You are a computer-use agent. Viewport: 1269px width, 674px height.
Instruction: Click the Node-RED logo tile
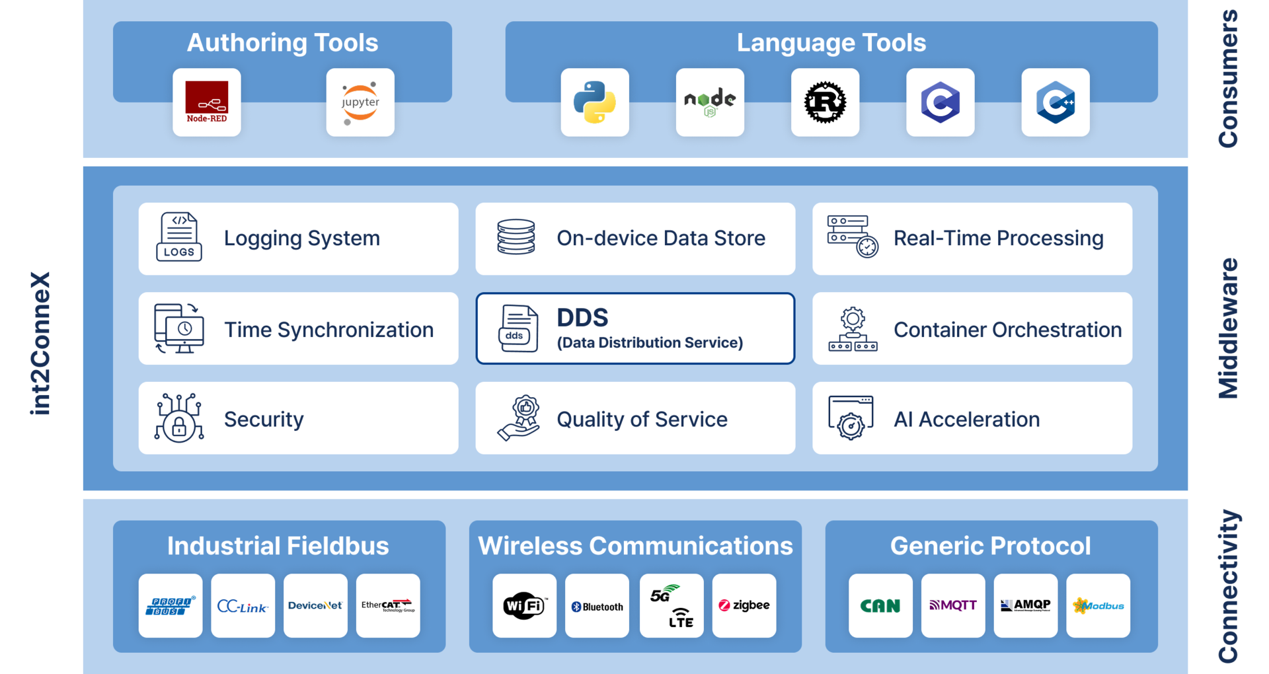(207, 102)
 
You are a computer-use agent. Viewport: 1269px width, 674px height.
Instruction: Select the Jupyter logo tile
(360, 102)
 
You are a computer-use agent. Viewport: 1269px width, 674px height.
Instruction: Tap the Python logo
(595, 102)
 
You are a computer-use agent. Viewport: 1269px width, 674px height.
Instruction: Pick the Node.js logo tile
(710, 102)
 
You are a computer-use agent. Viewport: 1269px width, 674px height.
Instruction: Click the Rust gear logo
(825, 102)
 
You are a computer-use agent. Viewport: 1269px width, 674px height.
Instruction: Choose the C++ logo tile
(1056, 102)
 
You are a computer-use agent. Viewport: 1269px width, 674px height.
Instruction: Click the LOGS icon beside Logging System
(179, 237)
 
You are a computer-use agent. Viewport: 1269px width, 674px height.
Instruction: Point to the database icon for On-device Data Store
(516, 237)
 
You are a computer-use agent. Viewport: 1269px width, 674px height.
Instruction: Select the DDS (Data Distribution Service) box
(635, 328)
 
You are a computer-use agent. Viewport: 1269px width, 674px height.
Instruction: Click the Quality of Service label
(642, 420)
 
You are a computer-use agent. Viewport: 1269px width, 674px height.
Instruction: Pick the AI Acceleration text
(966, 420)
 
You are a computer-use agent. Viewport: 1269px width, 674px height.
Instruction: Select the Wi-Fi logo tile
(524, 605)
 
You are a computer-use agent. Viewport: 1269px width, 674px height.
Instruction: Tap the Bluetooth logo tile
(597, 605)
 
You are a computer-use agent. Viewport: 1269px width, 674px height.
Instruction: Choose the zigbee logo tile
(744, 605)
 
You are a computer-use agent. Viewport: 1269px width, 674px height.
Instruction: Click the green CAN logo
(880, 605)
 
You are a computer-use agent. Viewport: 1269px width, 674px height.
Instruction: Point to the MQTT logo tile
(953, 605)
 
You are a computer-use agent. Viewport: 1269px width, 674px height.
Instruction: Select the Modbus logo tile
(1098, 605)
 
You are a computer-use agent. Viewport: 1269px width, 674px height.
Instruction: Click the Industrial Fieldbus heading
(278, 546)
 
